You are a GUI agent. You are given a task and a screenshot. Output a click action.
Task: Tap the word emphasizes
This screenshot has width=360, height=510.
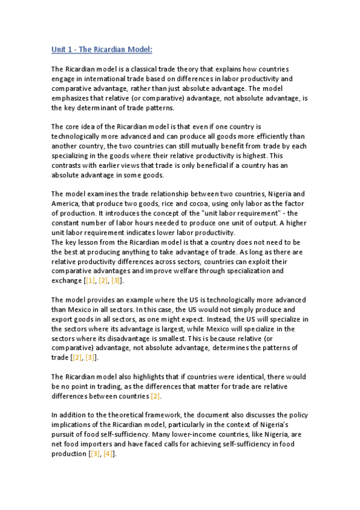pos(71,99)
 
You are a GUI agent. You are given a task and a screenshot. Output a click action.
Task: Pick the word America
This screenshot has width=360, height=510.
pos(67,204)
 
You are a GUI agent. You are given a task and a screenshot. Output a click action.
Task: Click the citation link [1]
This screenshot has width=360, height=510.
pos(91,281)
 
